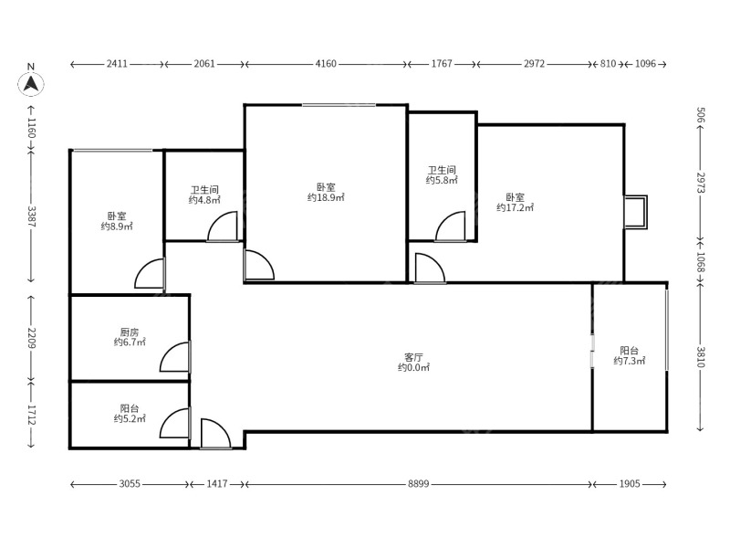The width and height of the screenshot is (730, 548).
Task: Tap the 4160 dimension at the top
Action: (x=326, y=64)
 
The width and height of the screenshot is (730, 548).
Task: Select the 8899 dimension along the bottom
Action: (x=418, y=484)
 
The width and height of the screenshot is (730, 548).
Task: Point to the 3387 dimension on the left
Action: (x=31, y=216)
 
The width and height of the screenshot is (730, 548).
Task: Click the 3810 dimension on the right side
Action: (x=701, y=356)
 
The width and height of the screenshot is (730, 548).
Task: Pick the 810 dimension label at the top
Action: (x=608, y=64)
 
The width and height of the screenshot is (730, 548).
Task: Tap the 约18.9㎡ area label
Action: (x=326, y=197)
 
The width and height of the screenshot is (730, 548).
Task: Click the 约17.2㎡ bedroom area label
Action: (x=515, y=208)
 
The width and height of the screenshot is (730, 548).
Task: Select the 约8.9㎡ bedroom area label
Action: (x=117, y=227)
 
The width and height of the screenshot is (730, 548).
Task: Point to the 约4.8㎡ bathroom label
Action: (x=204, y=200)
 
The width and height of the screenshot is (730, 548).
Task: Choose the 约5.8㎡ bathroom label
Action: (x=442, y=180)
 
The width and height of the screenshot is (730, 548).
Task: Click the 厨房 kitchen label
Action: (x=130, y=332)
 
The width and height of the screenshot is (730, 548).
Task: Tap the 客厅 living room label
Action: (x=413, y=357)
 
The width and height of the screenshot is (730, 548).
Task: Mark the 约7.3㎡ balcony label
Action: (x=629, y=361)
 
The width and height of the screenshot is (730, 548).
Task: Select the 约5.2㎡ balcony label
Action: (x=130, y=419)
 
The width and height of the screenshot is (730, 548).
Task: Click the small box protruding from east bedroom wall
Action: (x=635, y=212)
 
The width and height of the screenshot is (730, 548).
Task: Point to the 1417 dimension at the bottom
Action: (x=217, y=484)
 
